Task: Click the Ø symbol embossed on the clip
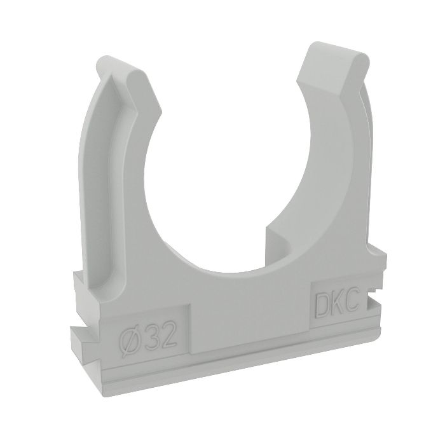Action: point(132,335)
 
